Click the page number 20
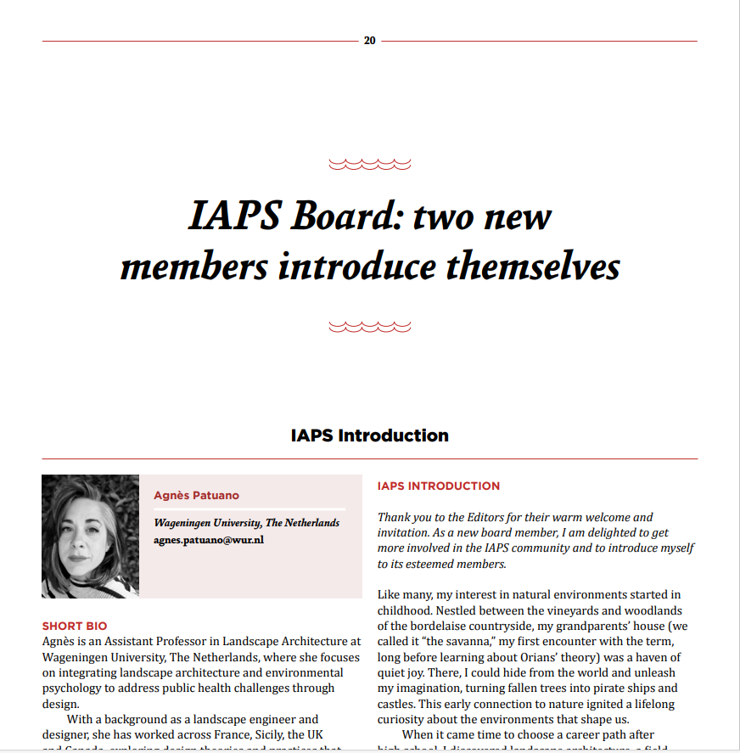[369, 41]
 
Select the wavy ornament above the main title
[369, 164]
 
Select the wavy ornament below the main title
[369, 326]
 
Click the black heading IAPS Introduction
[369, 436]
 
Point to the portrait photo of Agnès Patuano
[90, 536]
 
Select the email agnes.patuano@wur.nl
[209, 540]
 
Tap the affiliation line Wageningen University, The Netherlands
[246, 523]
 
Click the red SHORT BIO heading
[75, 627]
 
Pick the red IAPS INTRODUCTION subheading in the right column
[439, 486]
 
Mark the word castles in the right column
[397, 704]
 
